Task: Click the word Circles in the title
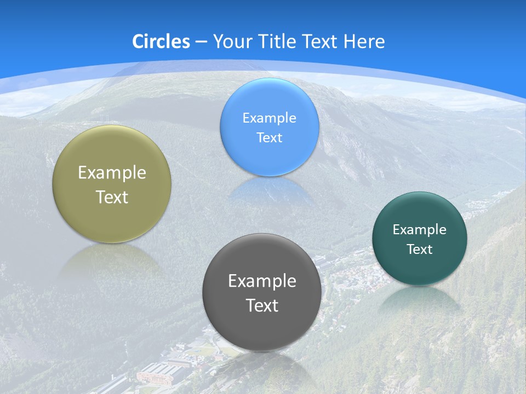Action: (x=161, y=41)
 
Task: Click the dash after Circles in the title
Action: (x=201, y=42)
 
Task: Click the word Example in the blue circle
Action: (x=270, y=118)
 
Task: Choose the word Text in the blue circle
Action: (x=270, y=137)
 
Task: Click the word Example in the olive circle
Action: (x=112, y=173)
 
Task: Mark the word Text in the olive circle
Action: (x=112, y=197)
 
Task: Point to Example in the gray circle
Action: (x=262, y=281)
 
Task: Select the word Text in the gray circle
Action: (x=262, y=305)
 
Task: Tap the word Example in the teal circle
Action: (x=420, y=230)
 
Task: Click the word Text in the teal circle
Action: (x=420, y=250)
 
